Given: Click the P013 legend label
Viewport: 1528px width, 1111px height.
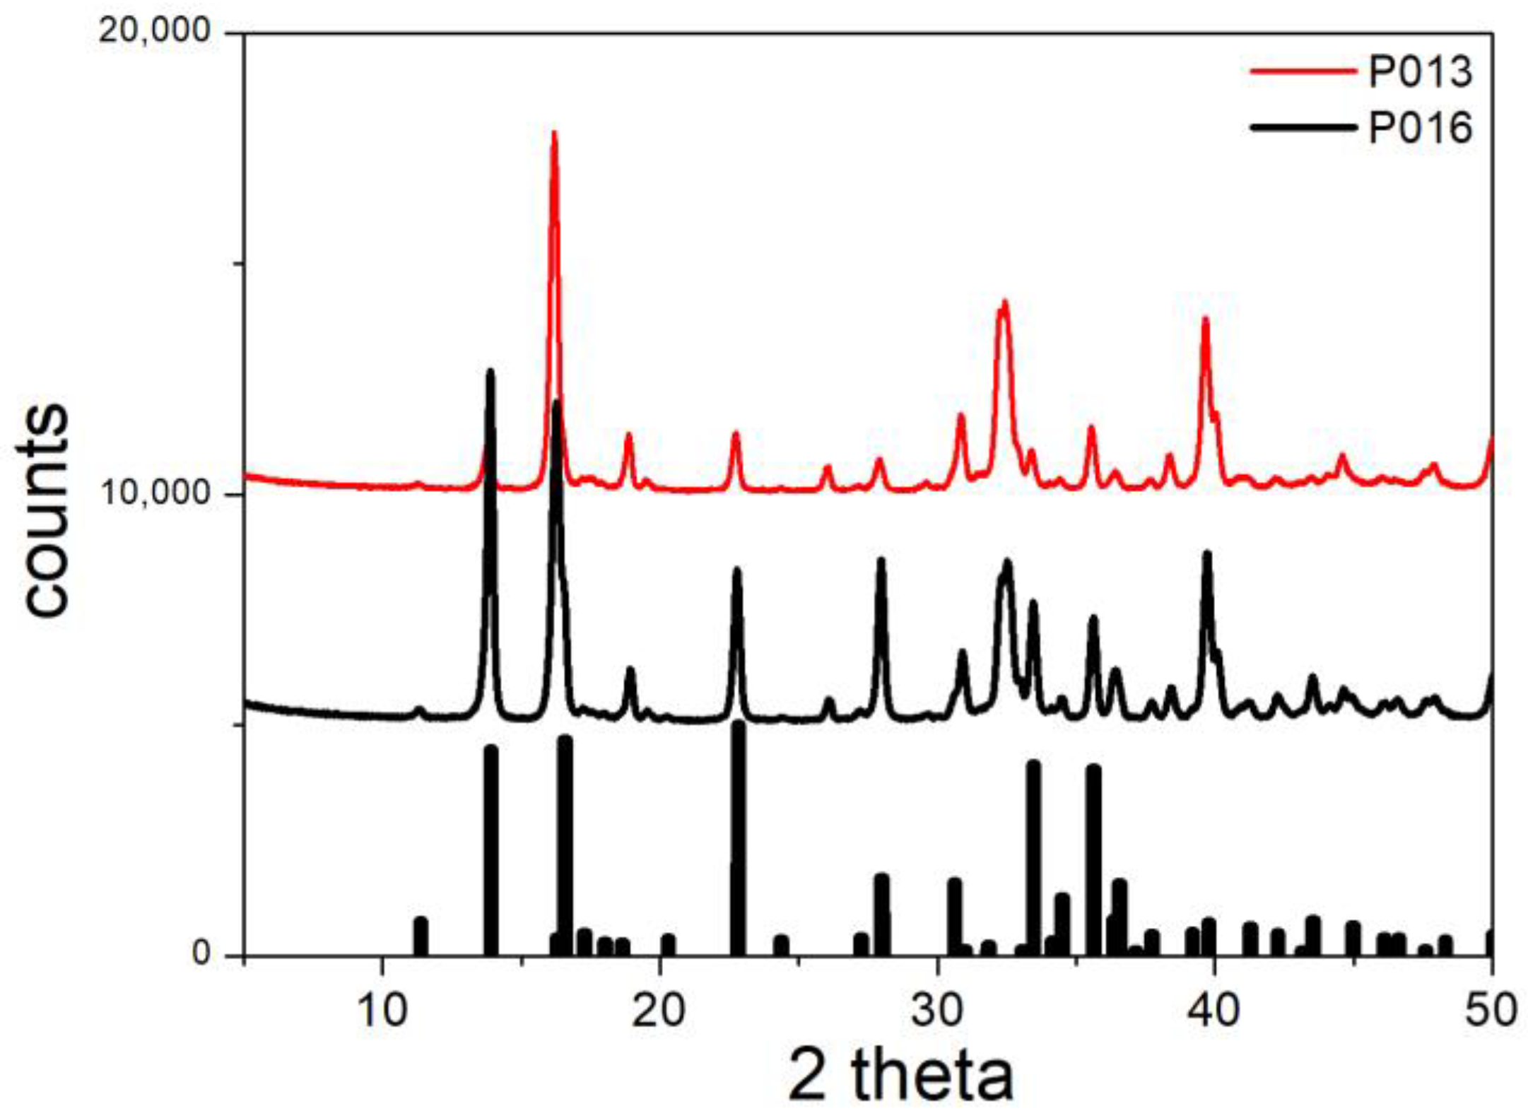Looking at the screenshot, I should coord(1420,72).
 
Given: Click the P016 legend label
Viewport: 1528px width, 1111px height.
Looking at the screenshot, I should coord(1420,129).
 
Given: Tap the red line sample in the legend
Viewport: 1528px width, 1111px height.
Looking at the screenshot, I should coord(1303,71).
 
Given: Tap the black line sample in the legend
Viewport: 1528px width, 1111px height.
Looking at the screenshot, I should coord(1303,128).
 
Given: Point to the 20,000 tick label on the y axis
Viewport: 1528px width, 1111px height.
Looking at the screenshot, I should coord(155,31).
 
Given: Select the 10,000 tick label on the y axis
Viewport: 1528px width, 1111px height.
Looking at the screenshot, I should coord(155,493).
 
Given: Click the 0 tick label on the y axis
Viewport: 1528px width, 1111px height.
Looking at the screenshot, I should coord(202,953).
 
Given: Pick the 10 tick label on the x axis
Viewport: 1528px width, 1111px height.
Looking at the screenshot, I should coord(382,1011).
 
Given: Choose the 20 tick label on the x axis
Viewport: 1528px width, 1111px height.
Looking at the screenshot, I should coord(659,1011).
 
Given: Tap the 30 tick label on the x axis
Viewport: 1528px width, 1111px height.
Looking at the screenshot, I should coord(937,1011).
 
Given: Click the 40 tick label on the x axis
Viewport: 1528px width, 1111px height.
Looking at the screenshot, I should coord(1214,1011).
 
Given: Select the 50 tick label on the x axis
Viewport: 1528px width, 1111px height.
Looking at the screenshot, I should coord(1491,1011).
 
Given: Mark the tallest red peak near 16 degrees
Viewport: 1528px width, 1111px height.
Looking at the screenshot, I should coord(554,134).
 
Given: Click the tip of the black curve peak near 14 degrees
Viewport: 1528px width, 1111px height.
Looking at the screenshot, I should coord(490,372).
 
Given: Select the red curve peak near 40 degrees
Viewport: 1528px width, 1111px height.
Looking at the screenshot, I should coord(1206,319).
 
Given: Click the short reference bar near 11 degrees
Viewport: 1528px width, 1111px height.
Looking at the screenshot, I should coord(421,936).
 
